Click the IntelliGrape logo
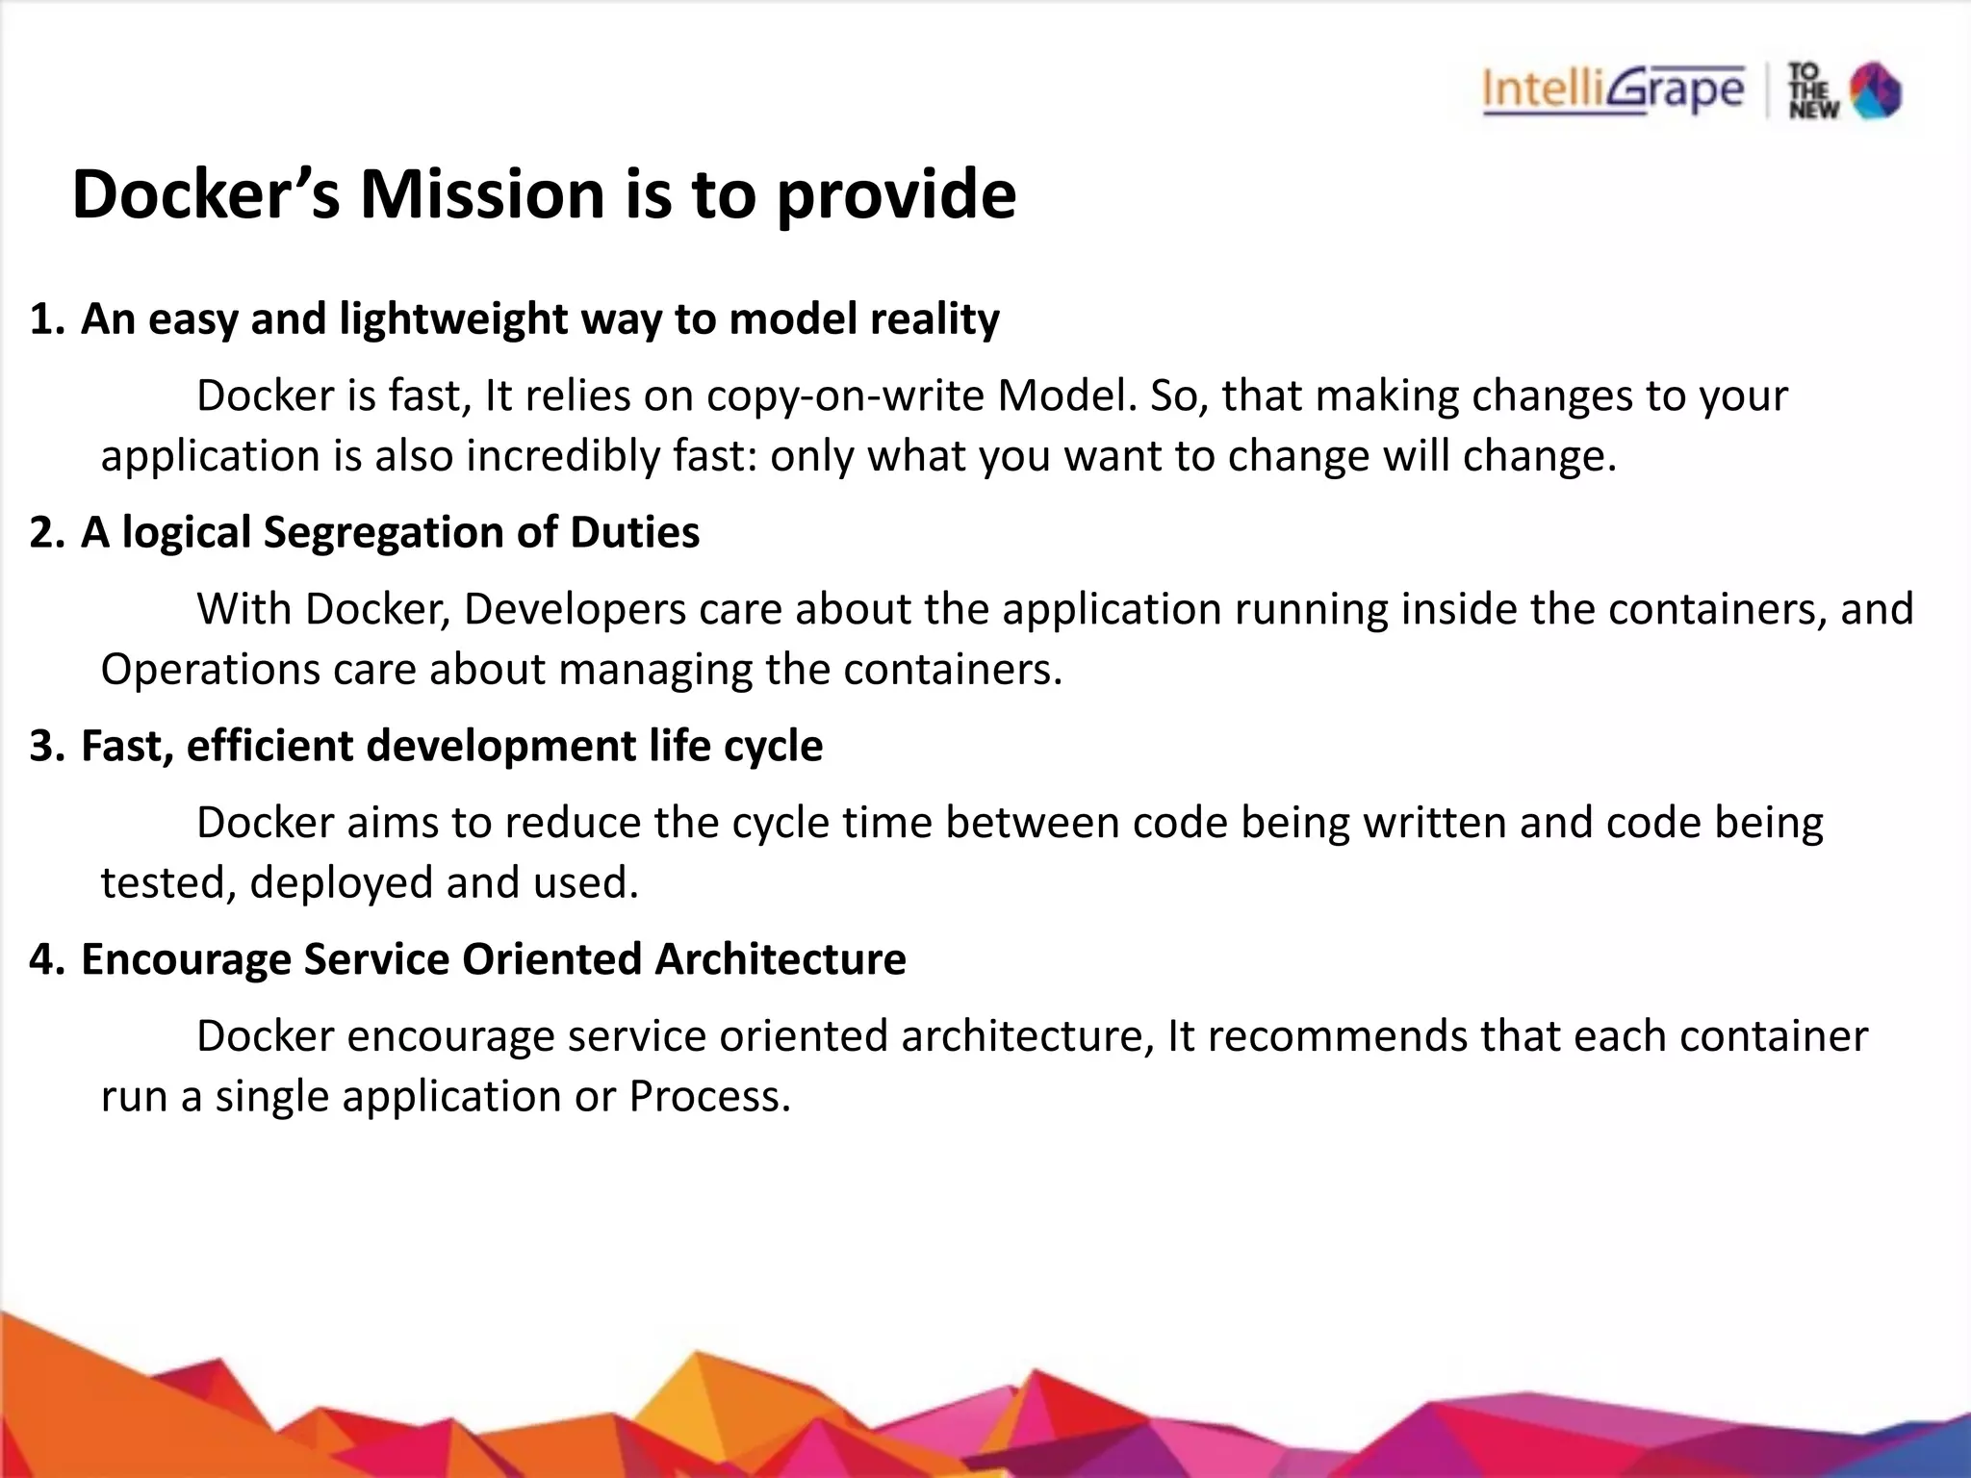pos(1613,90)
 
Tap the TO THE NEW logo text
pos(1813,91)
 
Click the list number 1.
pos(43,319)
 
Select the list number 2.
pos(43,533)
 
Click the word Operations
pos(209,670)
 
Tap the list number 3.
pos(43,747)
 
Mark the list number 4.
pos(43,960)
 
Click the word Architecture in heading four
pos(781,960)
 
